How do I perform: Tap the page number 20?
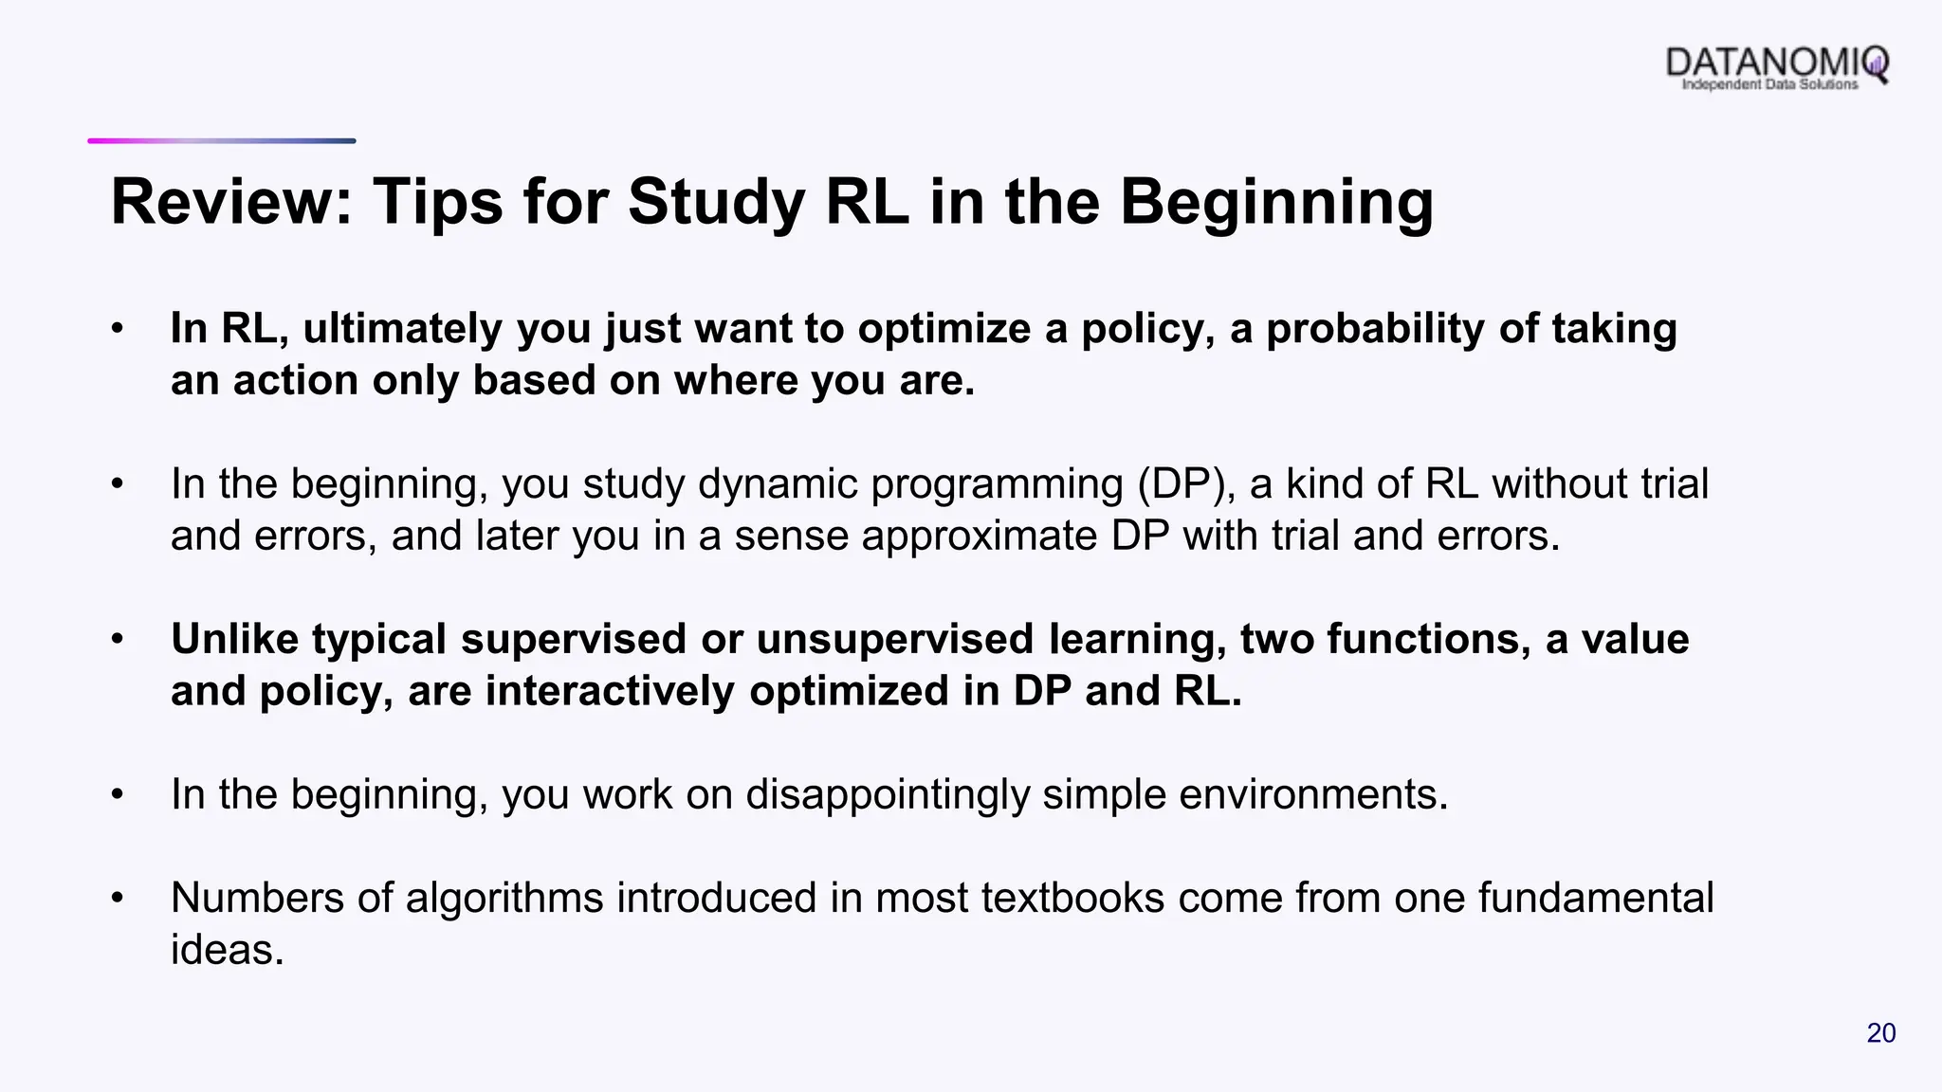click(x=1880, y=1033)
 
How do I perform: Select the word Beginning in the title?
click(x=1276, y=202)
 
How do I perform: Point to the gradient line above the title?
click(x=222, y=141)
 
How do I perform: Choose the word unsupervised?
click(x=894, y=639)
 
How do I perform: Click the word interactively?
click(x=610, y=691)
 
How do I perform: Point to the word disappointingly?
click(x=887, y=794)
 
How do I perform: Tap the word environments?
click(x=1313, y=794)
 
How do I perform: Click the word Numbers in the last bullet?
click(x=257, y=898)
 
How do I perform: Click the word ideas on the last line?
click(x=228, y=950)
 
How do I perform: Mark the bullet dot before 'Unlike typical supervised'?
click(x=117, y=639)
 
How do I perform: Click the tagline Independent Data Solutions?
click(x=1769, y=85)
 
